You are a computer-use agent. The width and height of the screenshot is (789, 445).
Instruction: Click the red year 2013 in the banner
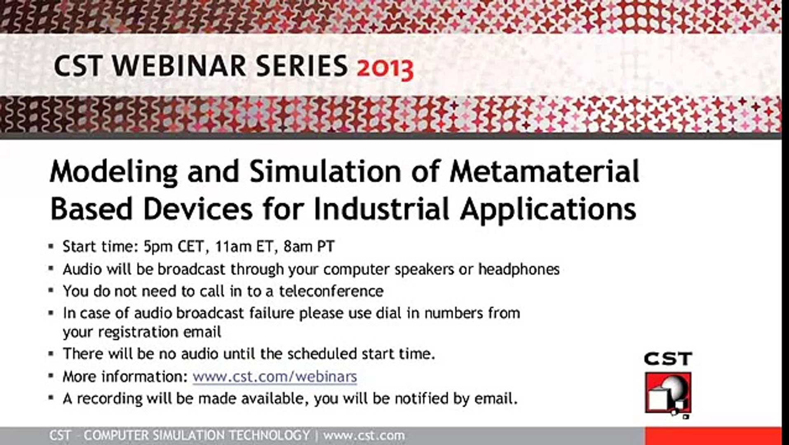pyautogui.click(x=385, y=68)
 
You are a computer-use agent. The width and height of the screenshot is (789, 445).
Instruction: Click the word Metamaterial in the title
pyautogui.click(x=545, y=171)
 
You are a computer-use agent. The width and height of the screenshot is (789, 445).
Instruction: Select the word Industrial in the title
pyautogui.click(x=382, y=209)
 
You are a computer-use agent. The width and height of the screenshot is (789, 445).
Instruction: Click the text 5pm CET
pyautogui.click(x=174, y=247)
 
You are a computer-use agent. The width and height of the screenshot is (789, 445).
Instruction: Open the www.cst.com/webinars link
pyautogui.click(x=275, y=377)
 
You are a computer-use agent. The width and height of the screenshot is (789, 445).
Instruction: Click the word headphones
pyautogui.click(x=519, y=269)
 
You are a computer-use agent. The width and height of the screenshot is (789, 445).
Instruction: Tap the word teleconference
pyautogui.click(x=331, y=291)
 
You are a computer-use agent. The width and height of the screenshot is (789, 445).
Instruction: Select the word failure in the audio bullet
pyautogui.click(x=272, y=313)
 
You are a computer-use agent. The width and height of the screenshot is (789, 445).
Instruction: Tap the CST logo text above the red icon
pyautogui.click(x=668, y=359)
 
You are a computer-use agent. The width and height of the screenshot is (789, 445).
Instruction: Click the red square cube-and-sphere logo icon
pyautogui.click(x=668, y=393)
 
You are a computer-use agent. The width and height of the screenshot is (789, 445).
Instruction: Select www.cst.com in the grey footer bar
pyautogui.click(x=364, y=435)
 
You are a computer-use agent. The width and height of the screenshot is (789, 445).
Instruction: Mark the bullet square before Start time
pyautogui.click(x=51, y=247)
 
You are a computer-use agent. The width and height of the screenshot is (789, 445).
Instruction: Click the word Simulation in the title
pyautogui.click(x=326, y=171)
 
